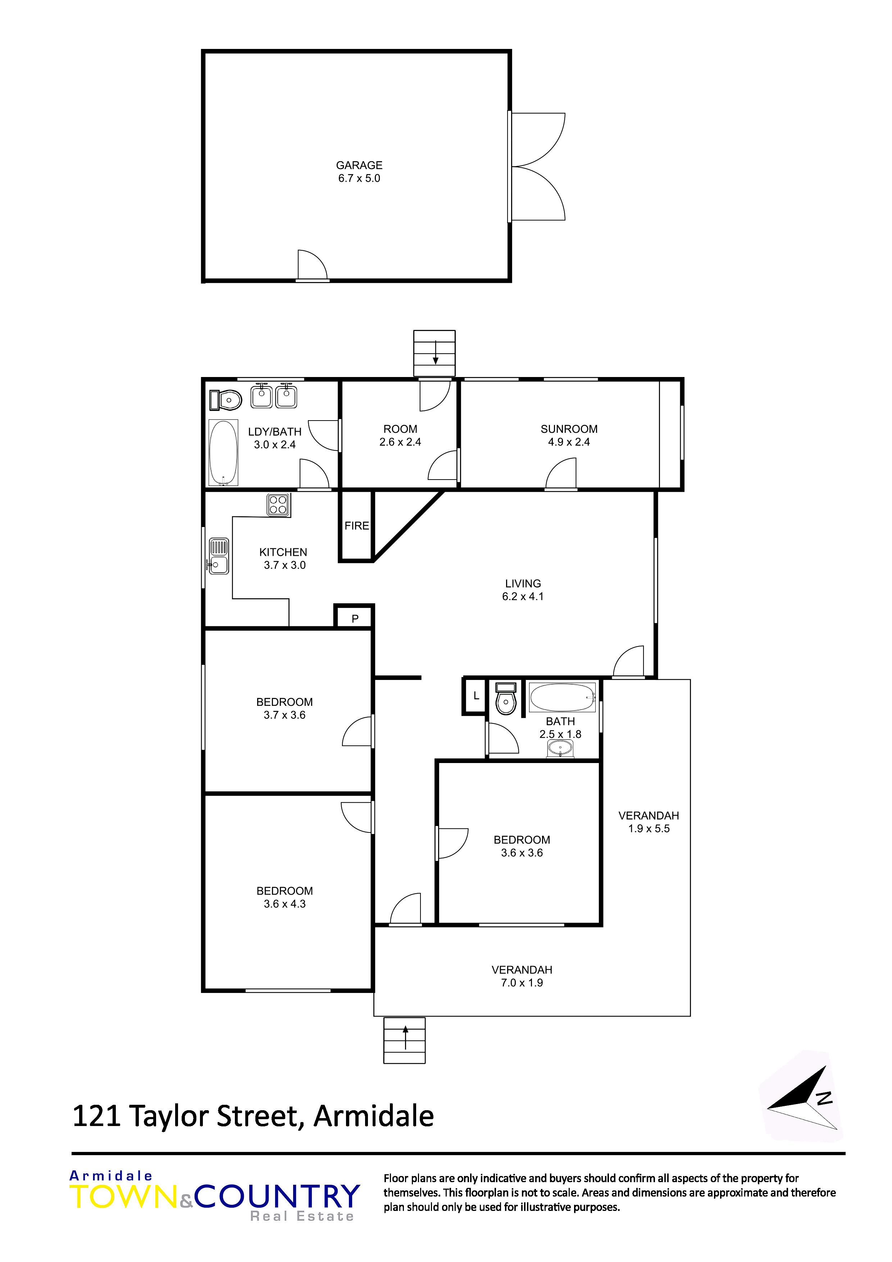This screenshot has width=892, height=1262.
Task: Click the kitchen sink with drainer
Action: pos(218,556)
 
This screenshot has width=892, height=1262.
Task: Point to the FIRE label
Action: pos(357,526)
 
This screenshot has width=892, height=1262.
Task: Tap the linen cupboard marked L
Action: pos(475,696)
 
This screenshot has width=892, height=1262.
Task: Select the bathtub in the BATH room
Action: pos(562,697)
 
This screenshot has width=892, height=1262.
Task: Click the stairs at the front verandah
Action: pos(405,1040)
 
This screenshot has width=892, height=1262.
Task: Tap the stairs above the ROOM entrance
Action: pos(434,353)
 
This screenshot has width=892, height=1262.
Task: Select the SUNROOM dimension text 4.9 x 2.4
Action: pos(569,442)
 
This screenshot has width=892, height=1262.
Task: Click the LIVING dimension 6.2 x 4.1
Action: pos(523,596)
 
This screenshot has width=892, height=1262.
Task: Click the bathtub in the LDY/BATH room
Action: pos(223,452)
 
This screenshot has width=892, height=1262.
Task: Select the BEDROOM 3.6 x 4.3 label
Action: pos(285,897)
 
